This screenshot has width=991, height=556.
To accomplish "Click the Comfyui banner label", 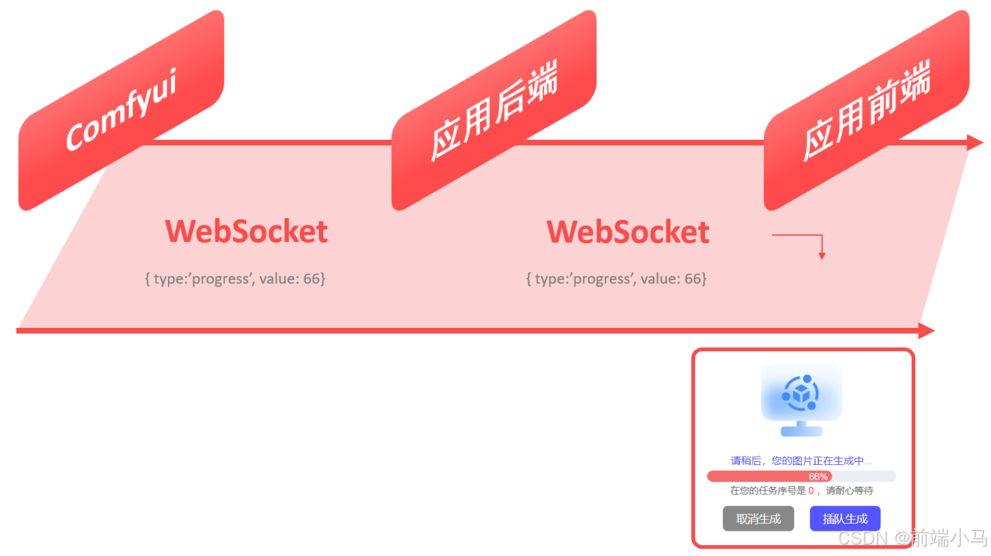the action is tap(121, 109).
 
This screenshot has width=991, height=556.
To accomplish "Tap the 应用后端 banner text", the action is tap(494, 110).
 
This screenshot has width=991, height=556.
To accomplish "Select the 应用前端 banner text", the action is tap(867, 110).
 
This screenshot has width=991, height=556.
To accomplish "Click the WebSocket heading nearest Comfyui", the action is tap(246, 232).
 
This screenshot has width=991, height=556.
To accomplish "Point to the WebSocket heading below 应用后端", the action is tap(628, 232).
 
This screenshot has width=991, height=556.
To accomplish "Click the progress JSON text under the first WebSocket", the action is tap(235, 279).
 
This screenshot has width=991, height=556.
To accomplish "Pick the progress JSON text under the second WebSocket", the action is tap(616, 279).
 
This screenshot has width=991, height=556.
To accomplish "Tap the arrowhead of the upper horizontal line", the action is tap(975, 143).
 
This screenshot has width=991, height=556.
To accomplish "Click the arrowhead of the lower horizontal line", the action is tap(927, 330).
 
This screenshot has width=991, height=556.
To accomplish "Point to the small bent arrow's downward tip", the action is tap(822, 256).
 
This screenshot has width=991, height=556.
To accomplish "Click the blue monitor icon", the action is tap(801, 393).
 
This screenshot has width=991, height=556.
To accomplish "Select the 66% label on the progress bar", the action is tap(818, 477).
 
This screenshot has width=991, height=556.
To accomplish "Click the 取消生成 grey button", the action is tap(758, 519).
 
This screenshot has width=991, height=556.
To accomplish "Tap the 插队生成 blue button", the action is tap(845, 519).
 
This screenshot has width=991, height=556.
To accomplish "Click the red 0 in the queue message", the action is tap(811, 491).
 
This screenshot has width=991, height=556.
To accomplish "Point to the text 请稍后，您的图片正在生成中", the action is tap(801, 461).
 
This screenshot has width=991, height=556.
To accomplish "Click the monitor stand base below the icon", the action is tap(801, 431).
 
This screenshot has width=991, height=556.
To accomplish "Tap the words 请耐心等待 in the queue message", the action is tap(849, 491).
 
